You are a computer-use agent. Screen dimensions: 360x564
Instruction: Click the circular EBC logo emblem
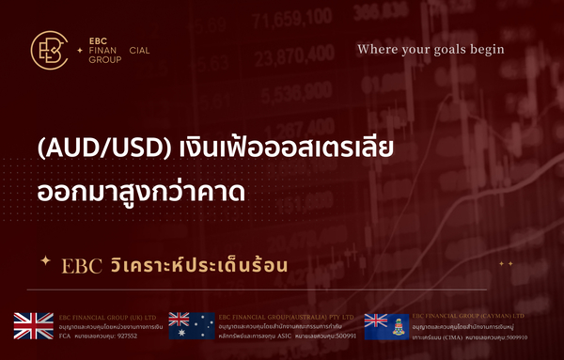48,51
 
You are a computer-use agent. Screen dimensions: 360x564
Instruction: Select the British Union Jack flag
34,324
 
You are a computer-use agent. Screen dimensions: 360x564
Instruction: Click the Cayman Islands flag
383,324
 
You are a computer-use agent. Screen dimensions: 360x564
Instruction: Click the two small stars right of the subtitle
506,264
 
